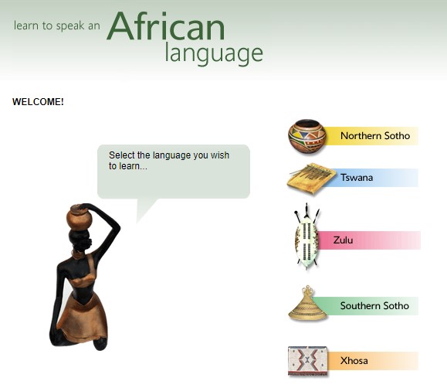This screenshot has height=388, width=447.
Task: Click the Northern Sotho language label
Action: tap(375, 135)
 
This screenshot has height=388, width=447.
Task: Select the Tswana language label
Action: tap(357, 178)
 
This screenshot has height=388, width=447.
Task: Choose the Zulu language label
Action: tap(343, 240)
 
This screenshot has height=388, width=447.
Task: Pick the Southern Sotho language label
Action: tap(374, 306)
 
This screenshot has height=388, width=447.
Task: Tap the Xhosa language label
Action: tap(354, 361)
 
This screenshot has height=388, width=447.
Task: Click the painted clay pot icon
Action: tap(307, 137)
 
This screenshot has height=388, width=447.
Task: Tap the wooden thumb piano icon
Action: tap(311, 179)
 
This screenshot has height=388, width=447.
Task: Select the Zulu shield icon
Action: tap(306, 237)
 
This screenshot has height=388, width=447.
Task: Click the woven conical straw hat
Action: tap(307, 303)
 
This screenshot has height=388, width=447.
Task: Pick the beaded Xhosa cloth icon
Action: tap(308, 361)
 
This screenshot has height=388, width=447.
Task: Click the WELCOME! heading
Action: tap(38, 102)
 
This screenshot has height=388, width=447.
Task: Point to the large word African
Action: tap(166, 26)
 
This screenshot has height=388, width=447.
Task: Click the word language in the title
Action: tap(214, 53)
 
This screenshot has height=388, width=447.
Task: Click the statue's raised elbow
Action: tap(117, 229)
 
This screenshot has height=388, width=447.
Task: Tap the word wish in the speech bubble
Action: tap(220, 155)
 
